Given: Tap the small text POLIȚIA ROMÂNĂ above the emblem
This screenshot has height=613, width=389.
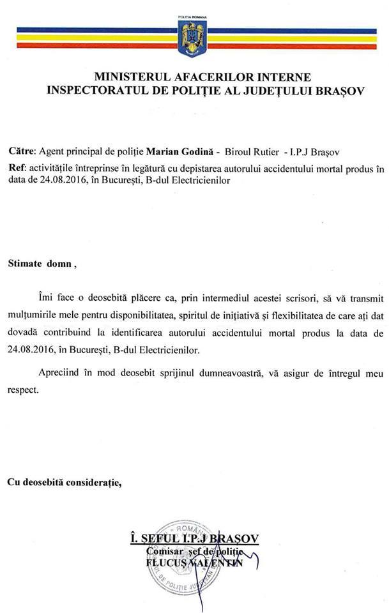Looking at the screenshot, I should point(194,14).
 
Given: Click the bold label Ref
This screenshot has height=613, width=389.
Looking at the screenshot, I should point(17,168).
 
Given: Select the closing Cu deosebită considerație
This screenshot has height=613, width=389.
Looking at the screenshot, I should point(64,482).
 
